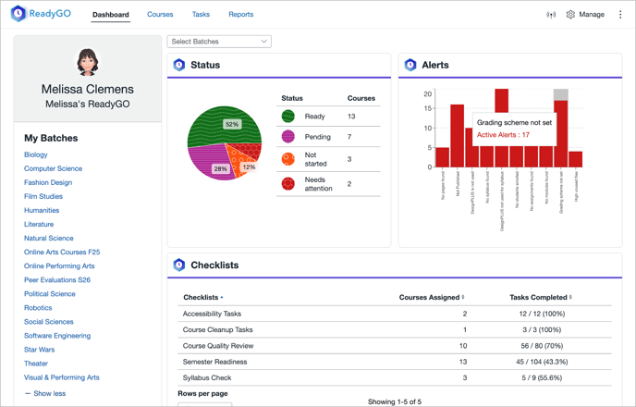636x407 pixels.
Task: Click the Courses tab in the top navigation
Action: point(160,15)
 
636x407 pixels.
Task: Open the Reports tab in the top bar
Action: point(240,15)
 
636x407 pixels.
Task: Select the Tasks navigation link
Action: point(201,15)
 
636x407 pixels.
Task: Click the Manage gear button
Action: point(585,15)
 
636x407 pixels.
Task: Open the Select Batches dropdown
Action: point(219,42)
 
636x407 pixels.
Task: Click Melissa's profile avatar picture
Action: point(88,62)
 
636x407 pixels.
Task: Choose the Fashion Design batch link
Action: point(48,182)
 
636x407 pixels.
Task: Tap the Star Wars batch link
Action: point(39,350)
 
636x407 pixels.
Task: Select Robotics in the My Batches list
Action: point(38,308)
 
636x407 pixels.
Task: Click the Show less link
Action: point(48,393)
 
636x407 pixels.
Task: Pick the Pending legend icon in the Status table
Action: point(288,137)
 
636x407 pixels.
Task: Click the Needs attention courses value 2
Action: point(349,184)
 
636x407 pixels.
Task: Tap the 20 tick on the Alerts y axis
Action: point(428,94)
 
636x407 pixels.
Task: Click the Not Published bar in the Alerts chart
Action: point(457,135)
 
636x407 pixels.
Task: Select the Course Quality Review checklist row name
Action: point(217,346)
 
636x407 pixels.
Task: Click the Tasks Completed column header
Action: point(540,298)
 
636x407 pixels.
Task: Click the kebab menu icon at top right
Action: point(620,15)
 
